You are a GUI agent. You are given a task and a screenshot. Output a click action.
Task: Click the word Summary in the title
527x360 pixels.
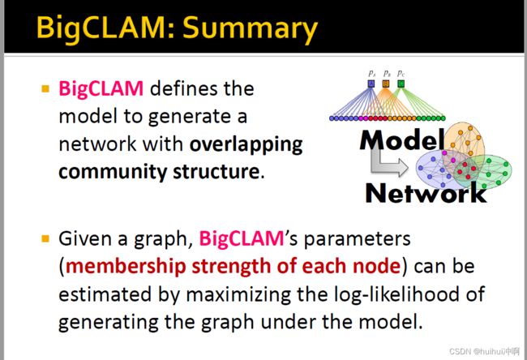(251, 28)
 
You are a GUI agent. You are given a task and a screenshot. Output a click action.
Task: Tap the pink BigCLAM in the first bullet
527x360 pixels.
(101, 89)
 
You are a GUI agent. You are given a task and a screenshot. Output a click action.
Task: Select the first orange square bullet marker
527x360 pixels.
(45, 88)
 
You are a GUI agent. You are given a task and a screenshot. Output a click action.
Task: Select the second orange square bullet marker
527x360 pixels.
(45, 238)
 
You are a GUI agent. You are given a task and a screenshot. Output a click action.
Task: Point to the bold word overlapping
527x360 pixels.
(246, 144)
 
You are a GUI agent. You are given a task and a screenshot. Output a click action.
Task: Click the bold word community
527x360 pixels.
(112, 172)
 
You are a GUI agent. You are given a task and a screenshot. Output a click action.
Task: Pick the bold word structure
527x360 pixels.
(216, 171)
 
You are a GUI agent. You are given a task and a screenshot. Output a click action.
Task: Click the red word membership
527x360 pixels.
(126, 266)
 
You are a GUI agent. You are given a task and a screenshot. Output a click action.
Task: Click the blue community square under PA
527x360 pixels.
(371, 84)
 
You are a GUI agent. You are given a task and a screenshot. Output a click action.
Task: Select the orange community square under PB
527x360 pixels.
(386, 84)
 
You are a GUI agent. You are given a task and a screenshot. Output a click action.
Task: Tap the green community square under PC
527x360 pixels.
(401, 84)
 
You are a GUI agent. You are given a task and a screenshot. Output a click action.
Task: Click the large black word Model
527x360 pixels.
(402, 139)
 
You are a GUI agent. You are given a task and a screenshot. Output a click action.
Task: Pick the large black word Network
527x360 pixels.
(426, 193)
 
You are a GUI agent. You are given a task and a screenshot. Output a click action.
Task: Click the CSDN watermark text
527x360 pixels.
(484, 351)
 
